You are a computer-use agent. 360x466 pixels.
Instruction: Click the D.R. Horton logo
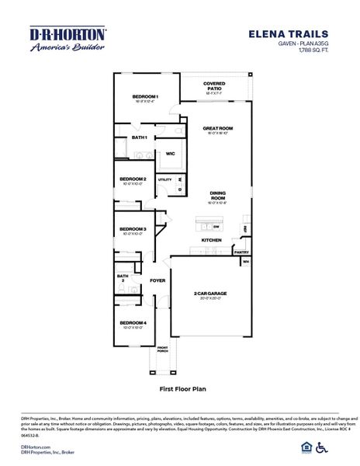click(x=67, y=40)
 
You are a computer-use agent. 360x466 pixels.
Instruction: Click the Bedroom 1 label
click(x=145, y=97)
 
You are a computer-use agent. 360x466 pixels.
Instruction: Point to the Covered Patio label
click(x=214, y=85)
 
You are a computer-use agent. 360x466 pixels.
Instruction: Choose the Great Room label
click(x=218, y=128)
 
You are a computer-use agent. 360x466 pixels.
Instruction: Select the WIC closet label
click(x=170, y=154)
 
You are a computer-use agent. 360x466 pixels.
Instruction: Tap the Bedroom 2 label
click(x=133, y=179)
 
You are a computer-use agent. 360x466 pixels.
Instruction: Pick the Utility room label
click(x=164, y=179)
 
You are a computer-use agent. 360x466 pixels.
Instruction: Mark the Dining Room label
click(x=217, y=196)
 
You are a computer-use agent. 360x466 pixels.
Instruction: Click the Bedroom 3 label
click(x=133, y=229)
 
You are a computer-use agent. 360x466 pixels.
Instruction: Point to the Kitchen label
click(x=213, y=241)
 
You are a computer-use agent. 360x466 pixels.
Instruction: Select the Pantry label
click(x=241, y=252)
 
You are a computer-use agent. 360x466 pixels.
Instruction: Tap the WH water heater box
click(x=246, y=262)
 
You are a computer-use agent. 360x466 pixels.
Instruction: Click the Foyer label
click(x=157, y=280)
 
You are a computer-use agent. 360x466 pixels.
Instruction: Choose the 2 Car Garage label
click(x=210, y=294)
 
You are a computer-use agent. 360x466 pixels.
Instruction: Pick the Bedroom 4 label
click(x=133, y=322)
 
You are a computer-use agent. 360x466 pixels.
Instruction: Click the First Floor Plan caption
click(x=180, y=384)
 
